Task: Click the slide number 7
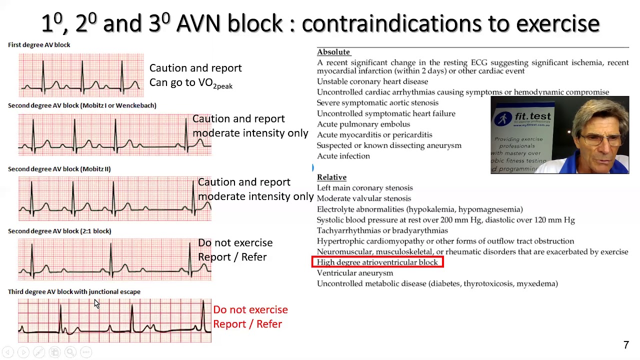click(x=626, y=345)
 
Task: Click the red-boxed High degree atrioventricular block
click(x=377, y=262)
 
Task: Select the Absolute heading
click(x=333, y=52)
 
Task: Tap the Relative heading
click(x=331, y=177)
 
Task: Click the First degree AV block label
click(x=39, y=45)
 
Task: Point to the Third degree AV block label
click(x=74, y=292)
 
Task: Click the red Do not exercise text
click(x=250, y=310)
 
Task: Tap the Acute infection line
click(x=343, y=156)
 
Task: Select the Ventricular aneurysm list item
click(x=355, y=273)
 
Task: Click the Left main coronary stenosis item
click(x=365, y=188)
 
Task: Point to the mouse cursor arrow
click(x=96, y=303)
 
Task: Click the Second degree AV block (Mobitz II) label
click(x=59, y=169)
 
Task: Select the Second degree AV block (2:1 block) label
click(x=59, y=231)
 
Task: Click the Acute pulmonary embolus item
click(x=363, y=124)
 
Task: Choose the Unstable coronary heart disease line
click(x=372, y=81)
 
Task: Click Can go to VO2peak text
click(x=190, y=83)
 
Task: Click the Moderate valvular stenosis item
click(x=364, y=198)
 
